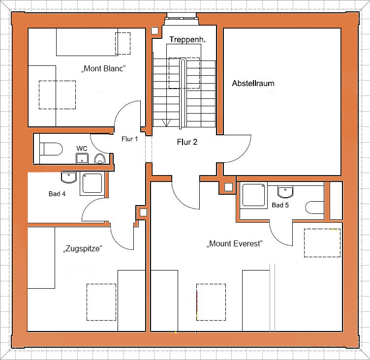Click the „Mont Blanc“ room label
click(x=103, y=68)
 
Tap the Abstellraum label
click(x=253, y=83)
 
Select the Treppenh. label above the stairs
click(x=187, y=39)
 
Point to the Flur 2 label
click(x=187, y=142)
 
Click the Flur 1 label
click(x=129, y=139)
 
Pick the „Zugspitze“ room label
click(x=83, y=249)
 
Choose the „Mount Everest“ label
click(x=235, y=243)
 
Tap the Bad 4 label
click(x=57, y=194)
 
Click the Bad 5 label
click(x=280, y=205)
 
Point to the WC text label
click(x=82, y=149)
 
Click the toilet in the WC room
click(x=51, y=149)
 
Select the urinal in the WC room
click(x=100, y=159)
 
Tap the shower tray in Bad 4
click(x=92, y=184)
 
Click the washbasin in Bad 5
click(x=285, y=192)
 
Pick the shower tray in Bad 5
click(x=254, y=195)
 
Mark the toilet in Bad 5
click(x=314, y=208)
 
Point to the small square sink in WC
click(x=82, y=158)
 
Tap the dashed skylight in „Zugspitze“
click(x=101, y=302)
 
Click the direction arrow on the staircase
click(x=166, y=122)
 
